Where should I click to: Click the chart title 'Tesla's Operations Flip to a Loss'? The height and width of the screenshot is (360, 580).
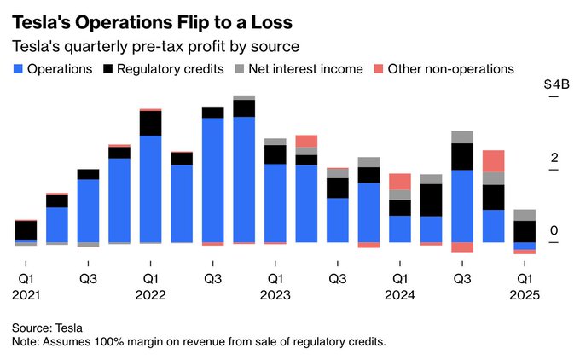click(x=151, y=19)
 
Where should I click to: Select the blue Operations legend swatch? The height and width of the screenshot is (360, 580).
click(x=17, y=68)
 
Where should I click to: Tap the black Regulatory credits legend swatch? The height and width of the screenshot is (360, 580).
click(x=108, y=68)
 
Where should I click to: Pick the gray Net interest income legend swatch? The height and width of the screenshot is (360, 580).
click(x=240, y=68)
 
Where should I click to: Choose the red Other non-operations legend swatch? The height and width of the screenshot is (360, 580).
click(x=377, y=68)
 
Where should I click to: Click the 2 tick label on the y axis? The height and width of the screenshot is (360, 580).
click(x=554, y=159)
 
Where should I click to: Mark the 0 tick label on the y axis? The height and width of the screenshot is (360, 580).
click(x=554, y=231)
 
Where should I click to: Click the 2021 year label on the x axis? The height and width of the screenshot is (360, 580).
click(x=26, y=294)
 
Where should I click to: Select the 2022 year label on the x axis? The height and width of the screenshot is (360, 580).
click(x=150, y=294)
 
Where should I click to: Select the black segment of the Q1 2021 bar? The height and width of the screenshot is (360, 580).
click(x=26, y=229)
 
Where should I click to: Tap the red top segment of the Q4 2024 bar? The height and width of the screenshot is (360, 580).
click(x=493, y=161)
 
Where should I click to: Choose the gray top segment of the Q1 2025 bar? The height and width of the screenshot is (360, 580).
click(x=525, y=215)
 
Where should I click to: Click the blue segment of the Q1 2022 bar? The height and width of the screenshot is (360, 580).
click(x=151, y=189)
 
